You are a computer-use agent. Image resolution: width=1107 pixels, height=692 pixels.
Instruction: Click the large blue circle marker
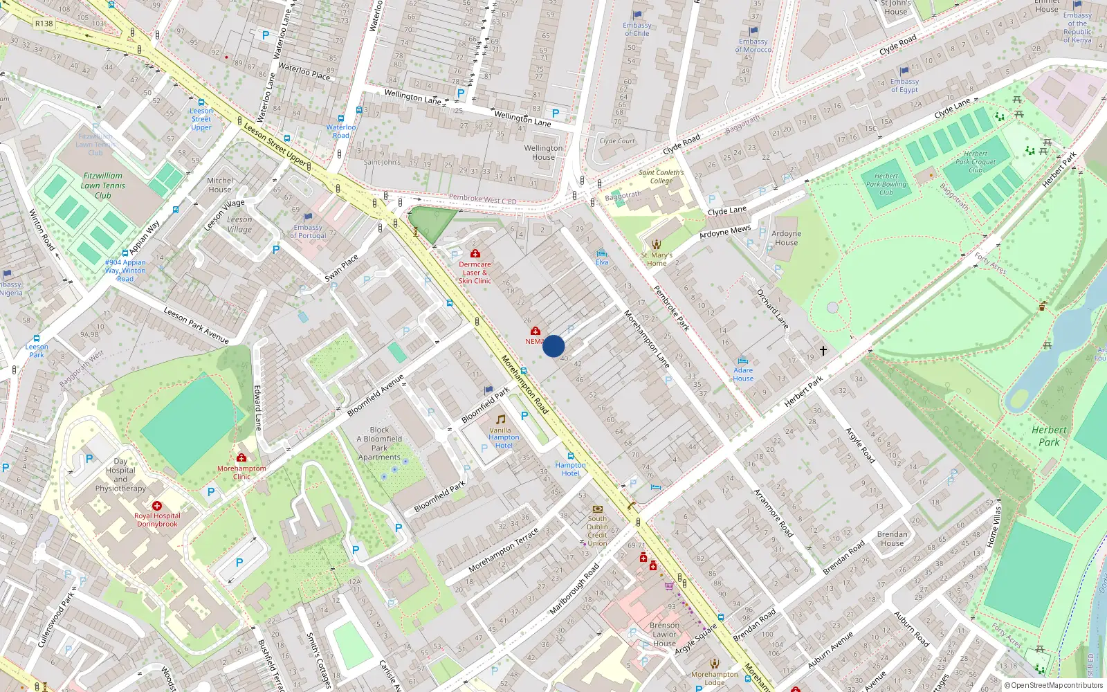pos(553,346)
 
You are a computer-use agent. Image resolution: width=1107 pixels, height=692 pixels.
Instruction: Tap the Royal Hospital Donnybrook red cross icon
pos(157,507)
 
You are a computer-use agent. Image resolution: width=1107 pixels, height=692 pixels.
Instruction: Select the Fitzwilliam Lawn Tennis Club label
pos(103,185)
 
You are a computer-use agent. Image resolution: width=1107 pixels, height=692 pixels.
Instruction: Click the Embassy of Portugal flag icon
pos(308,217)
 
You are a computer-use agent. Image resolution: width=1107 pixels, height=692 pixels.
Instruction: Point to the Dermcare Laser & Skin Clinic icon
pos(475,254)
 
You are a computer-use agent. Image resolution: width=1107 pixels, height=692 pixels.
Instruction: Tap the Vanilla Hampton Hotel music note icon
pos(500,419)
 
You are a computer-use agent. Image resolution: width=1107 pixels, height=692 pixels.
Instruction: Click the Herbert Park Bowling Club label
pos(886,184)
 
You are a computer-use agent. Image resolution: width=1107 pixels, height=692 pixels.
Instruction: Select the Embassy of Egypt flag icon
pos(904,71)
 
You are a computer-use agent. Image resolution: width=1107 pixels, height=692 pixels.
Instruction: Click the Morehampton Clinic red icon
pos(241,458)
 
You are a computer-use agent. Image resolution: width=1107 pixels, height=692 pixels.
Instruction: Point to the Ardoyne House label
pos(786,238)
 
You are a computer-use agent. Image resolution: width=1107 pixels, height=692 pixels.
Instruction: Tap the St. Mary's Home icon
pos(657,244)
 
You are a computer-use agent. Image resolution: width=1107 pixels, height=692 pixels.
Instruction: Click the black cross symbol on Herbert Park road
pos(823,351)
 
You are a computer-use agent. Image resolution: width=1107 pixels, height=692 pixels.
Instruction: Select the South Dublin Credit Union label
pos(597,531)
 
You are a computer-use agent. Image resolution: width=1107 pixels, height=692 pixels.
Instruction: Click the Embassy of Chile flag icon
pos(637,15)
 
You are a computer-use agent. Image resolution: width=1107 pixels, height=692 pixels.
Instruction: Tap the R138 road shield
pos(44,24)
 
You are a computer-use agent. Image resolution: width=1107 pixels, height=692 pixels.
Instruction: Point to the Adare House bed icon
pos(743,361)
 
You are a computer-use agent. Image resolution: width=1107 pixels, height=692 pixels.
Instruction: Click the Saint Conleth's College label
pos(661,176)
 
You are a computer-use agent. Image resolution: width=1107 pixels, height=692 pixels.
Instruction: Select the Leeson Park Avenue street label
pos(196,325)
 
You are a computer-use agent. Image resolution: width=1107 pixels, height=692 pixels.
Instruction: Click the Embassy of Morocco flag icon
pos(753,31)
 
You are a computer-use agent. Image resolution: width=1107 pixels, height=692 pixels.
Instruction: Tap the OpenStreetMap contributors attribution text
pos(1053,685)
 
